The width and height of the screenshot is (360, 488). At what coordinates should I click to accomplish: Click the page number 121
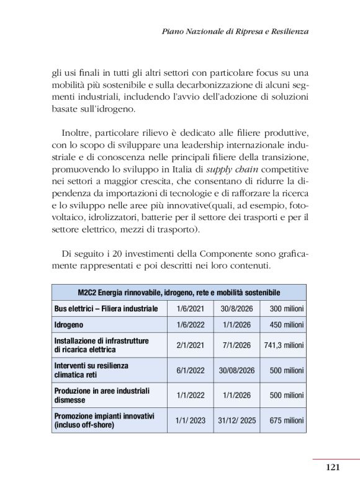(332, 468)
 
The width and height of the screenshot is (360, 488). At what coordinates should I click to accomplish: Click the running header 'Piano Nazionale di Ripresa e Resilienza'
(235, 30)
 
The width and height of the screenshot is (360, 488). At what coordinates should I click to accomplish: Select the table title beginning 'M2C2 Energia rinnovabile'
(179, 292)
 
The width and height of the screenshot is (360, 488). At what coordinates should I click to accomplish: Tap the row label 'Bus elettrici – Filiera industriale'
(106, 308)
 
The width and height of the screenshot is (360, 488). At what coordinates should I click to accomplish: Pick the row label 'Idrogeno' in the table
(69, 324)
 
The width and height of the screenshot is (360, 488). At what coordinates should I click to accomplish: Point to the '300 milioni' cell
(286, 308)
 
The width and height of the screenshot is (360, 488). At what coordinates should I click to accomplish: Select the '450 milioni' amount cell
(286, 324)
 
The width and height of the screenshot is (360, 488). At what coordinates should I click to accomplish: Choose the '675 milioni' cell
(286, 420)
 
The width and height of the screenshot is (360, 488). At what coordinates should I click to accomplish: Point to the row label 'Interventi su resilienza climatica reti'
(91, 370)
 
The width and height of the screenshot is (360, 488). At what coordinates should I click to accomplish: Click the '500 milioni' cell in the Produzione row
(286, 395)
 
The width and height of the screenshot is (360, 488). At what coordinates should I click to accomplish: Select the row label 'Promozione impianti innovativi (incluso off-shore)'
(104, 420)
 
